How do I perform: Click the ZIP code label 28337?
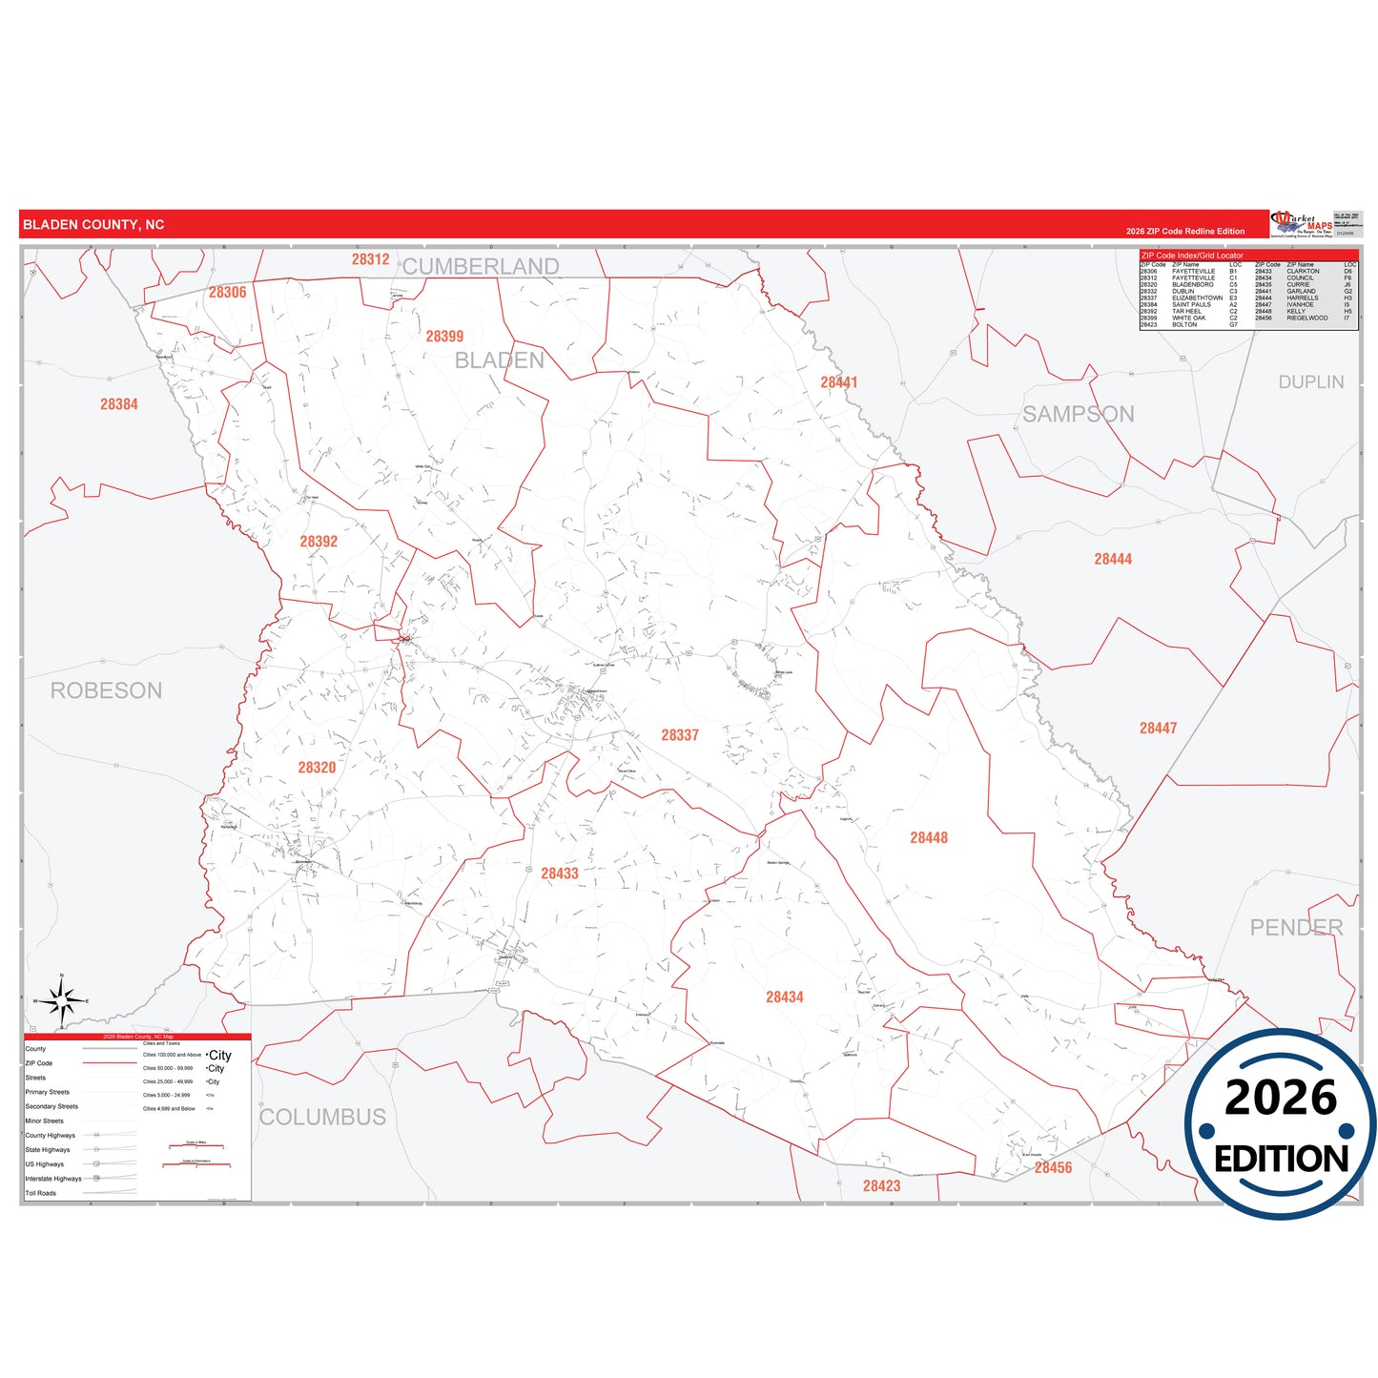[x=680, y=735]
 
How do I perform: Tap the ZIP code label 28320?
[x=317, y=768]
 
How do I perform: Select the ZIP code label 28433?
[x=560, y=874]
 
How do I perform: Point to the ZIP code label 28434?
[x=785, y=998]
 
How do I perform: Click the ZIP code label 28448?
[x=929, y=838]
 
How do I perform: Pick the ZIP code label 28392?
[x=319, y=542]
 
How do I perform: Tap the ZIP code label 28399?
[x=444, y=337]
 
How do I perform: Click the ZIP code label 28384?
[x=119, y=404]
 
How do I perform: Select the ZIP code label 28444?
[x=1113, y=560]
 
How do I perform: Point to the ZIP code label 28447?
[x=1158, y=729]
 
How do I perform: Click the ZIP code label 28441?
[x=839, y=382]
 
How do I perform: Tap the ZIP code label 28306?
[x=228, y=293]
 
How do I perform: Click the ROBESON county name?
[x=106, y=690]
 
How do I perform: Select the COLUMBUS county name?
[x=323, y=1117]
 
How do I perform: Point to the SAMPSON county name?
[x=1079, y=414]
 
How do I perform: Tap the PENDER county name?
[x=1296, y=927]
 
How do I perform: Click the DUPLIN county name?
[x=1311, y=381]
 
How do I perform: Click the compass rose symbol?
[x=62, y=1000]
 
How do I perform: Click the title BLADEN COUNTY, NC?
[x=93, y=225]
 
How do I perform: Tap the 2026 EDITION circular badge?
[x=1281, y=1124]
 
